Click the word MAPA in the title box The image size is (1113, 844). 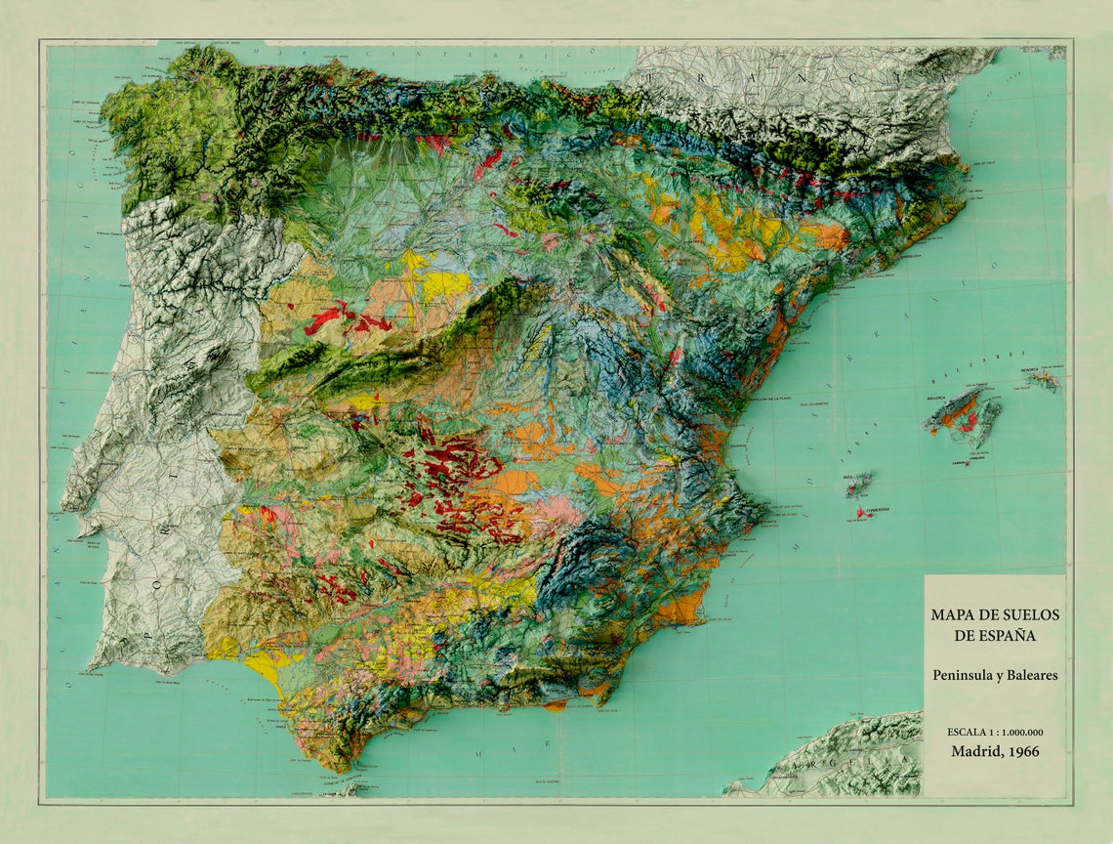[951, 614]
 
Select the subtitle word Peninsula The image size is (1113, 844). [964, 674]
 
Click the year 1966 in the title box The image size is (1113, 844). [1021, 751]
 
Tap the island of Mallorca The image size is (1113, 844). [962, 410]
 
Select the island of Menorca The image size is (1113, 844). [1043, 378]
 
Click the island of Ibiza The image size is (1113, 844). [858, 484]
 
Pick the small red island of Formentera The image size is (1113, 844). [861, 512]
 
